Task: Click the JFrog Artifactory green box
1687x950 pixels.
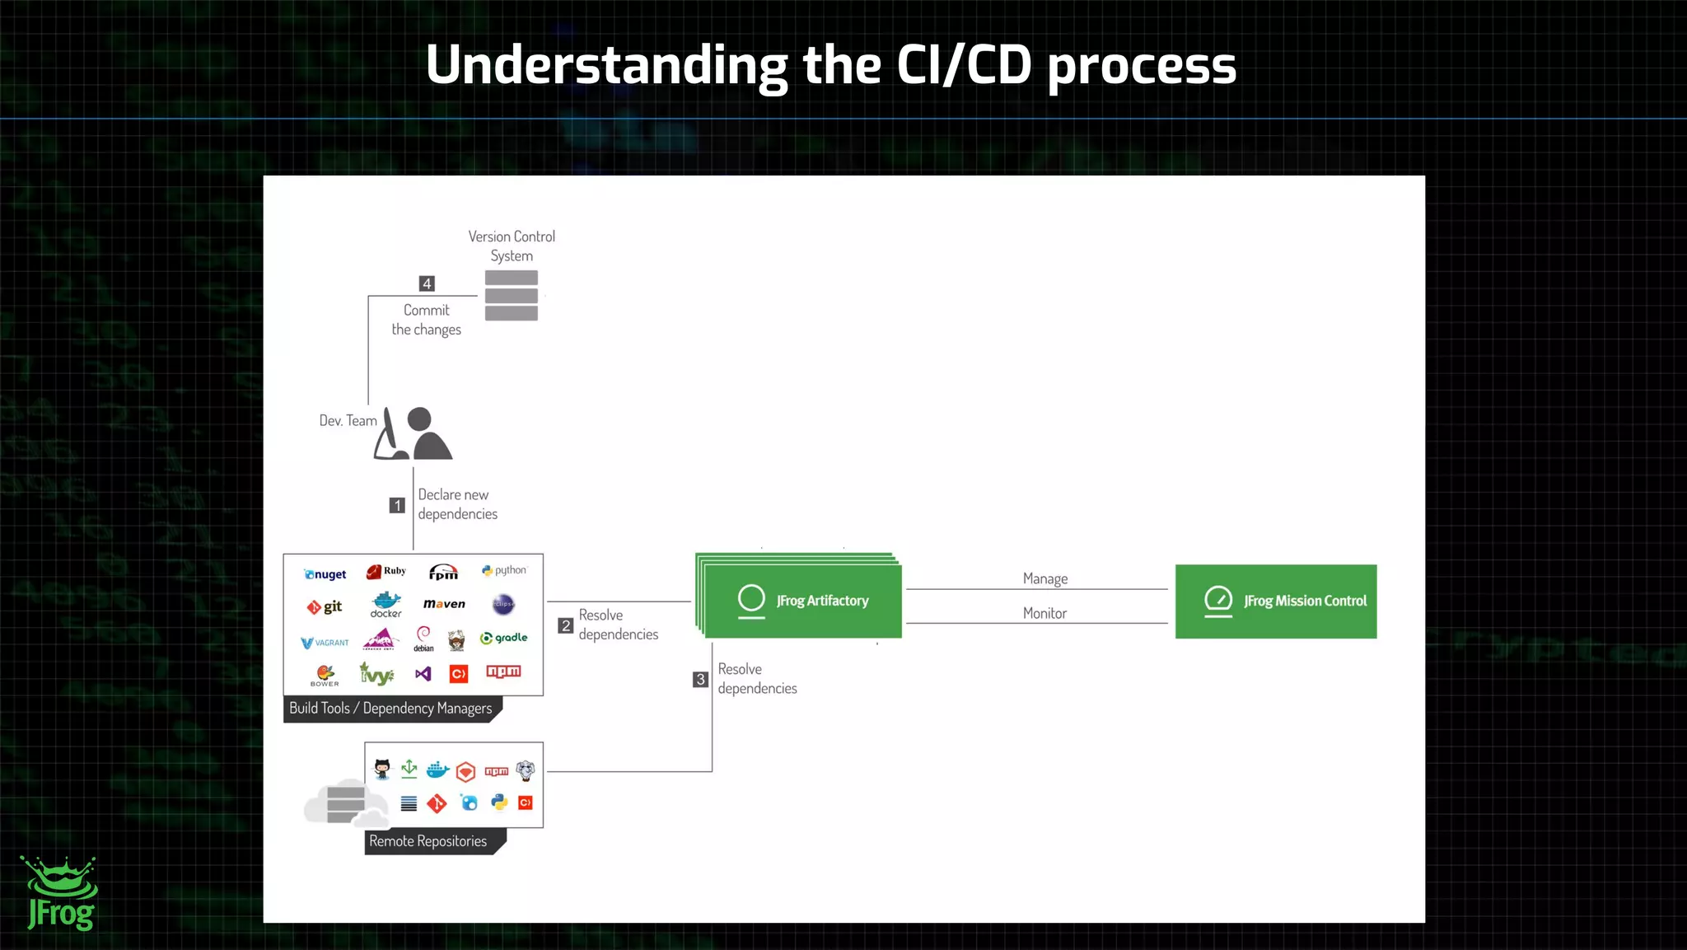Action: (802, 601)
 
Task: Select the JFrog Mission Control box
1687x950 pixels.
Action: (1275, 601)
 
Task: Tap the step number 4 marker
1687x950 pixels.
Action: (427, 283)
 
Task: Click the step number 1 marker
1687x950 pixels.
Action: (397, 505)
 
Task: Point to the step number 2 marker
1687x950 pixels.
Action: (565, 625)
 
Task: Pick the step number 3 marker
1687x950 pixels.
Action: (700, 679)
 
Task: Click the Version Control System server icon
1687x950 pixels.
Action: (511, 295)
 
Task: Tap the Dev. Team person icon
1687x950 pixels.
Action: (414, 434)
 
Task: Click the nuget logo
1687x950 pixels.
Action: (325, 574)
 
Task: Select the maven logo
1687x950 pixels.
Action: (444, 604)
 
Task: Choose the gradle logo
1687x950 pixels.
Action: (503, 638)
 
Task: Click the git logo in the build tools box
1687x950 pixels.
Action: (325, 607)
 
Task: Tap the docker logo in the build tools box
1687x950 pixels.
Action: (386, 605)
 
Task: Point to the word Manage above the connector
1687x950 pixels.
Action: (1044, 578)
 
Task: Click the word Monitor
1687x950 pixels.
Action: (1044, 613)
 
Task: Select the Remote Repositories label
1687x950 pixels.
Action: (428, 841)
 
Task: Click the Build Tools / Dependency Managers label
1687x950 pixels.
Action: (390, 709)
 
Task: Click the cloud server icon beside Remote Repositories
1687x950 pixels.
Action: (345, 803)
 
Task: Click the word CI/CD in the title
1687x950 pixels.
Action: (963, 65)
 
